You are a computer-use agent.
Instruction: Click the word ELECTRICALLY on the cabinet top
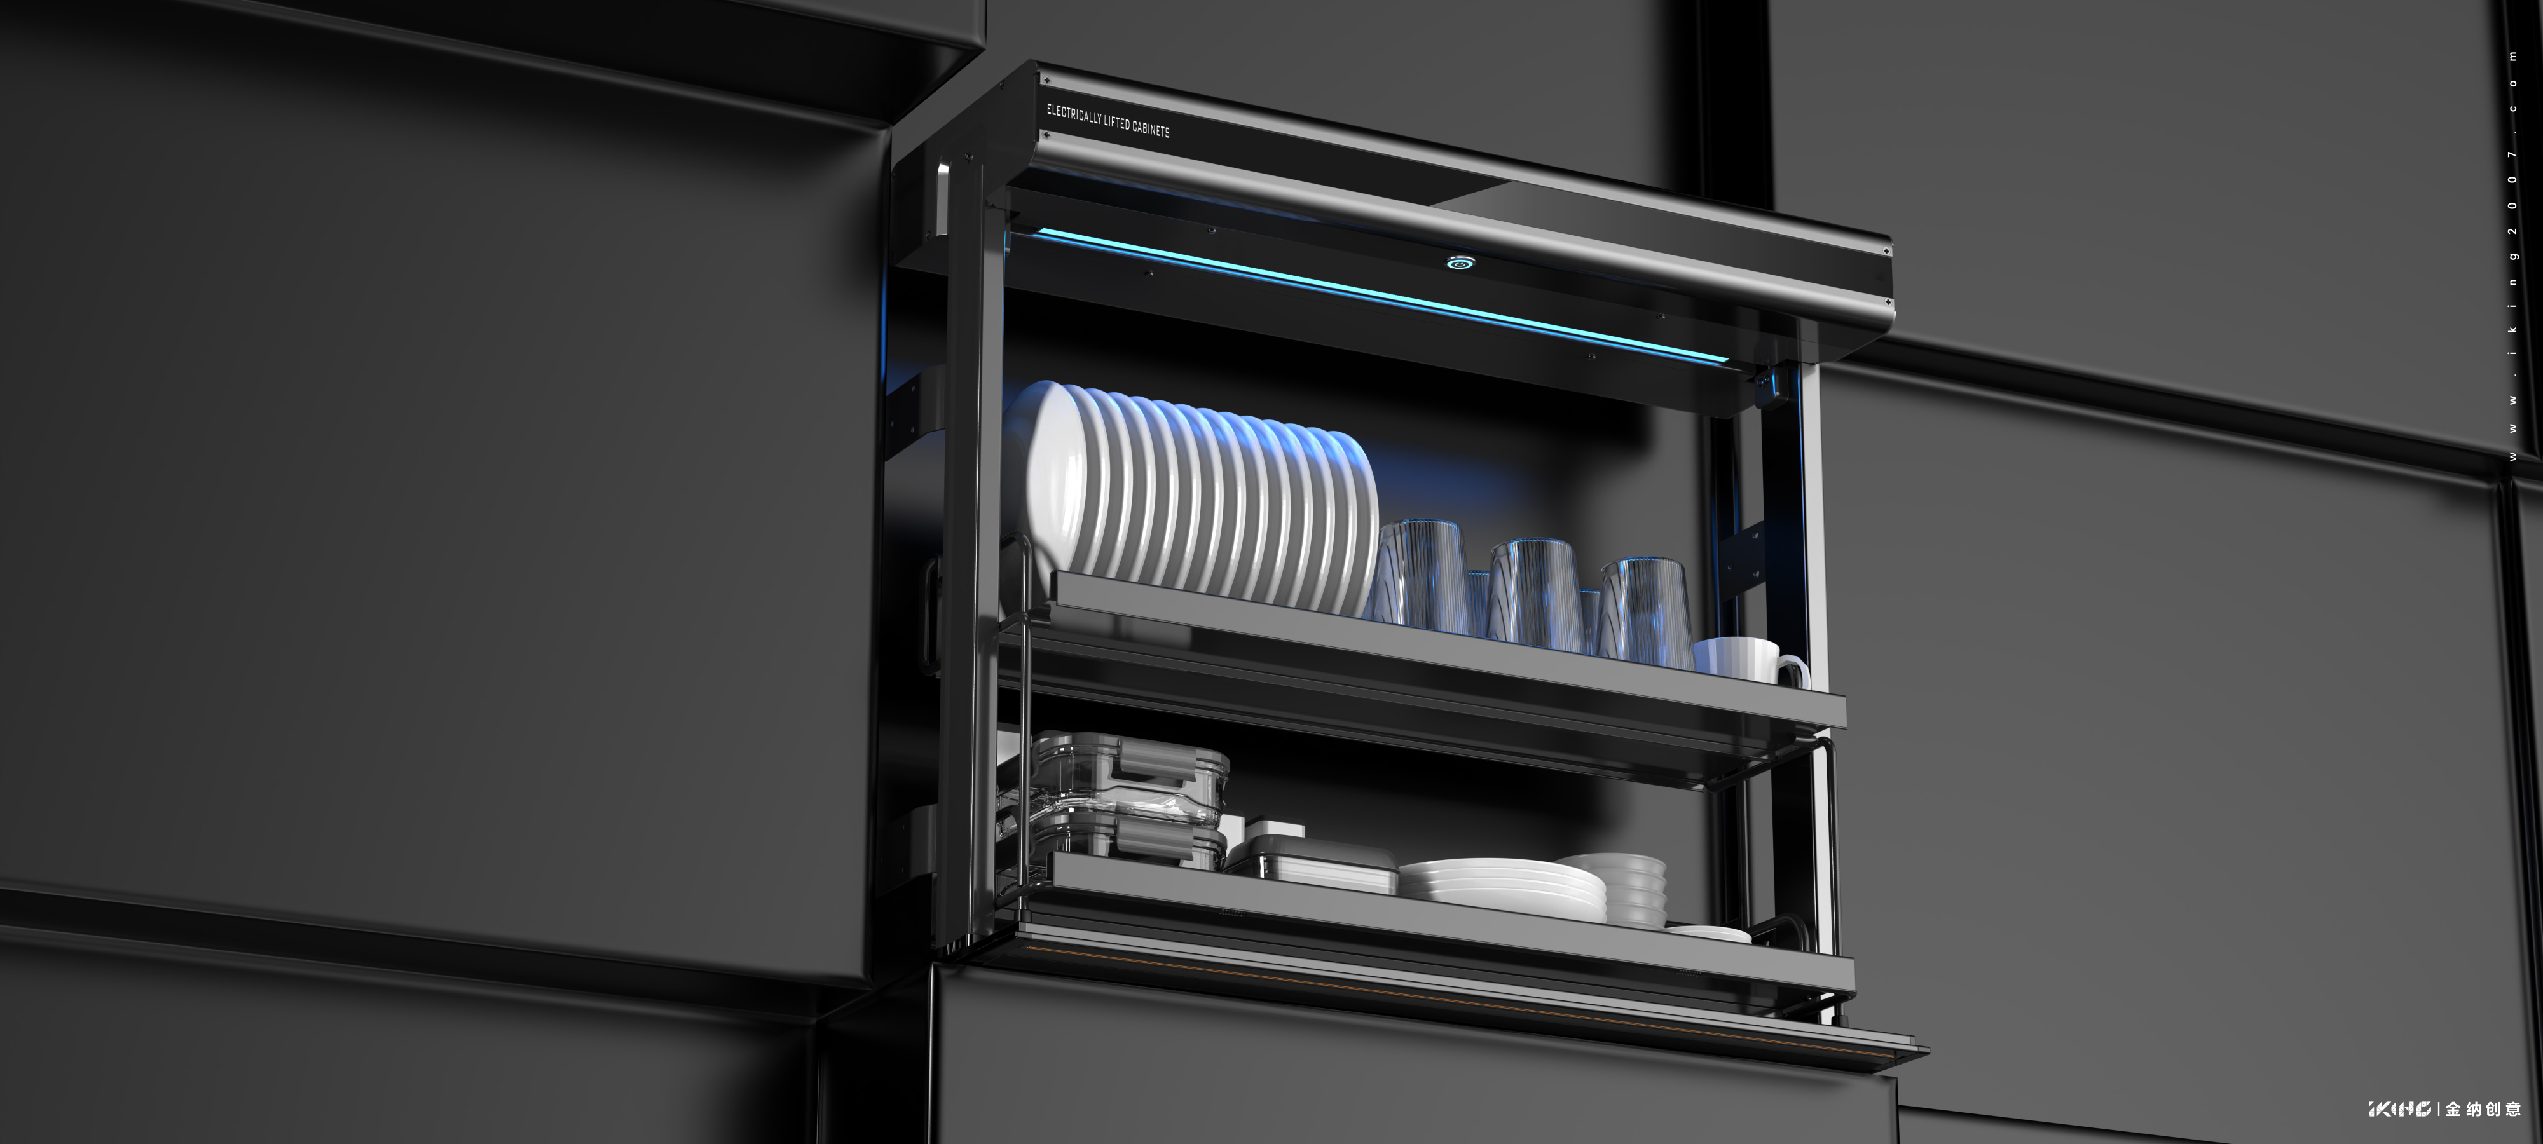pos(1074,116)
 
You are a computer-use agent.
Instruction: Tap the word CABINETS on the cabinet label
pos(1151,129)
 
